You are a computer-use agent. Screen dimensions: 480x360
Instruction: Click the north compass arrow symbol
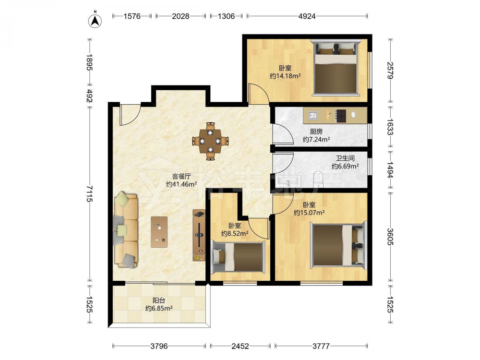coord(95,21)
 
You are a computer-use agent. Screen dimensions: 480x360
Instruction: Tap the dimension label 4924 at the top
coord(307,16)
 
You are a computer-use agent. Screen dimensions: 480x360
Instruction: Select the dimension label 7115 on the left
coord(89,193)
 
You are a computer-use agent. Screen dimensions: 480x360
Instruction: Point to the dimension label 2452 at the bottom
coord(240,346)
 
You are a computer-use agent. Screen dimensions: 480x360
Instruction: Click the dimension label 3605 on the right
coord(390,237)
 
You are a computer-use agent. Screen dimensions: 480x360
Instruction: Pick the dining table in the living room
coord(210,141)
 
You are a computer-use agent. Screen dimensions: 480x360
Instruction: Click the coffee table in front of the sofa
coord(159,232)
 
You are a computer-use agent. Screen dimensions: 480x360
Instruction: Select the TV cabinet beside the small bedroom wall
coord(199,235)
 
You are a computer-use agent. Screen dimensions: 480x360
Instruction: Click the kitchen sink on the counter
coord(313,115)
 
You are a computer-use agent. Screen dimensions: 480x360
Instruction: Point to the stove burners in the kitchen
coord(341,116)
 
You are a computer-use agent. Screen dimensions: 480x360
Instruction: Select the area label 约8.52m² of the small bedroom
coord(235,234)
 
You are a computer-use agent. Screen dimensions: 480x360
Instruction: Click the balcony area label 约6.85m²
coord(159,308)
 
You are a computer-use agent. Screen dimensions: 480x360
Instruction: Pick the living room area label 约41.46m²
coord(181,184)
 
